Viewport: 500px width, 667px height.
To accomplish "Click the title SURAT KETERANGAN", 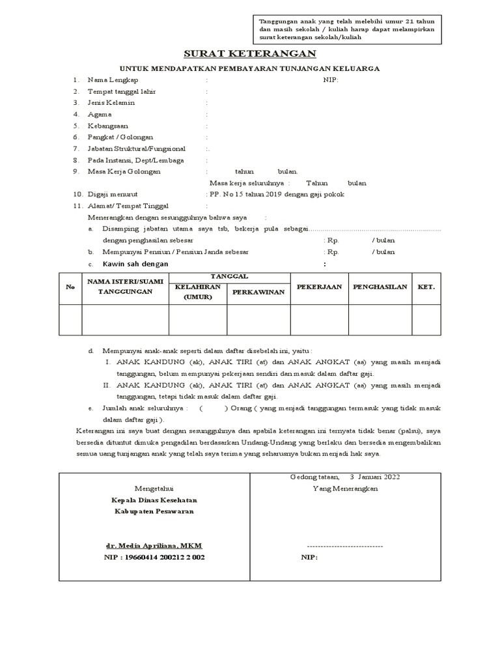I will pos(250,53).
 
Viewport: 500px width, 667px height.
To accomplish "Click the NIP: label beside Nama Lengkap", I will pos(331,80).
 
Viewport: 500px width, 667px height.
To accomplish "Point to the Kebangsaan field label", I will pos(108,126).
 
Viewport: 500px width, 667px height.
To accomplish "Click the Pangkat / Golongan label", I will pos(120,137).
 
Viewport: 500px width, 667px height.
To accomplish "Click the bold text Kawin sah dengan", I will pos(135,264).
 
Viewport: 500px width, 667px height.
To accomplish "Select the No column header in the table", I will pos(70,287).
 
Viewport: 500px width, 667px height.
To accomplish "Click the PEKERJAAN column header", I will pos(319,287).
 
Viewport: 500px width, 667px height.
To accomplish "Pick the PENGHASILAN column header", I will pos(380,287).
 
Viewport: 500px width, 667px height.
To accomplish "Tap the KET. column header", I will pos(426,287).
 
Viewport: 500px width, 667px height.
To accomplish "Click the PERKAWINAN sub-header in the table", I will pos(258,292).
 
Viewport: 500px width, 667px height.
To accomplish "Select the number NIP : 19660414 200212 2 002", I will pos(154,558).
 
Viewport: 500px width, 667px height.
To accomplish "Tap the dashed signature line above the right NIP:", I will pos(344,546).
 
